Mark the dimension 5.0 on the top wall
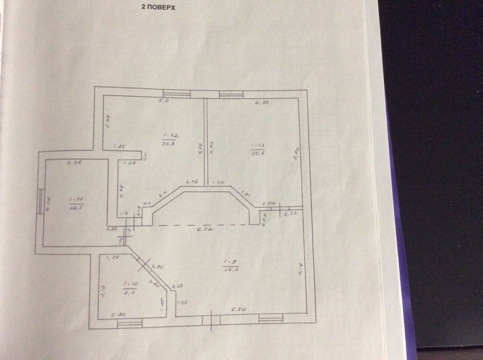tap(164, 101)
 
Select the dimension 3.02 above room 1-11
tap(73, 163)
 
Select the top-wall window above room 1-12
tap(176, 94)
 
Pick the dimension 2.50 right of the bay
tap(268, 204)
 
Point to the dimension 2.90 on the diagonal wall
tap(156, 266)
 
